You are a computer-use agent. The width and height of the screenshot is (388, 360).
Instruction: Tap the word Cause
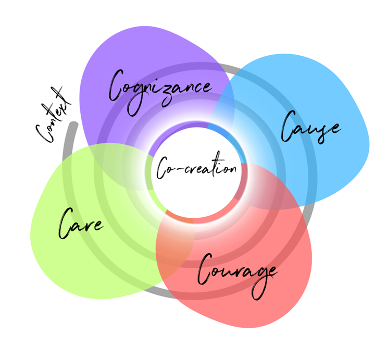311,128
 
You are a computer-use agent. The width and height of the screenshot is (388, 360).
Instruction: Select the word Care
81,224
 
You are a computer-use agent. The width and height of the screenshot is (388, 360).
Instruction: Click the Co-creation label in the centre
197,165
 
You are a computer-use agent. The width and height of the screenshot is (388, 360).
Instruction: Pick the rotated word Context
53,115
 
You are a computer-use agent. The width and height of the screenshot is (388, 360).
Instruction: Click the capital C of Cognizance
116,85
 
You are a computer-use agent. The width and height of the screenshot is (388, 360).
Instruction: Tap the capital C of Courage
205,269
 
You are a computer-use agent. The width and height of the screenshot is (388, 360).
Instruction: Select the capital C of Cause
289,126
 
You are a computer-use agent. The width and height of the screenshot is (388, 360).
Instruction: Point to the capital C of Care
66,224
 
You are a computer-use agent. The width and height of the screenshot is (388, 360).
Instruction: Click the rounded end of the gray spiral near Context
73,124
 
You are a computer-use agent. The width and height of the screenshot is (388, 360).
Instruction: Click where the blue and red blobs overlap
272,188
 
